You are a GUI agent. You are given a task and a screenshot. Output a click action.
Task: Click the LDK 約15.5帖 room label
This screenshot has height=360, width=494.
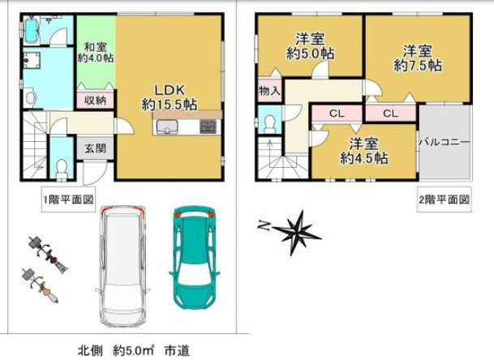click(x=170, y=96)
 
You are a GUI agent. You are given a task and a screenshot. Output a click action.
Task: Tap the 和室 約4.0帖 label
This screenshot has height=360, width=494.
click(x=95, y=51)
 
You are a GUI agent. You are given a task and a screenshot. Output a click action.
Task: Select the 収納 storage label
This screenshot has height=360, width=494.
click(x=95, y=101)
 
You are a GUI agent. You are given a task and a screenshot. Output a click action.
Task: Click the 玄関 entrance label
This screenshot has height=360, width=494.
click(x=94, y=148)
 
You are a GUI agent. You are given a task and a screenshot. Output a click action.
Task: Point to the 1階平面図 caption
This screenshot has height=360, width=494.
click(x=68, y=199)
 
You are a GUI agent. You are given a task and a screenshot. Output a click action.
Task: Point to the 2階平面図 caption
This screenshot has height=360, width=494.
click(x=444, y=199)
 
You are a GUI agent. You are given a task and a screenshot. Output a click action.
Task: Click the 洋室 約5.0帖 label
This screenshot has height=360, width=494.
click(x=310, y=46)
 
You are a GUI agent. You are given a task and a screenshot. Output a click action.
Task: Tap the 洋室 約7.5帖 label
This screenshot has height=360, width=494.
click(x=418, y=57)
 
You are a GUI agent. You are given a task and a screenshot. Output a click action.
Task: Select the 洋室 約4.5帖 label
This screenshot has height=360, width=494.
click(x=364, y=152)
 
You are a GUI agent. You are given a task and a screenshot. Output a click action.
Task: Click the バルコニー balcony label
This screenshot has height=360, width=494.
click(x=444, y=141)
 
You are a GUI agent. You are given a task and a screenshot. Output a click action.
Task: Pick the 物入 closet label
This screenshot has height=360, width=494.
click(x=269, y=91)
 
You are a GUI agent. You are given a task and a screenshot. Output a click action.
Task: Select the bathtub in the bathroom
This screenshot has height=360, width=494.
click(x=32, y=32)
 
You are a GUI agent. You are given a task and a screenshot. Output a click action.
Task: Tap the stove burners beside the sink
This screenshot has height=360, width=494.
click(x=208, y=126)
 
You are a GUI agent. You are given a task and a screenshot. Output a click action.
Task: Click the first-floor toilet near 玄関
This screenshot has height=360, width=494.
click(x=62, y=167)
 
